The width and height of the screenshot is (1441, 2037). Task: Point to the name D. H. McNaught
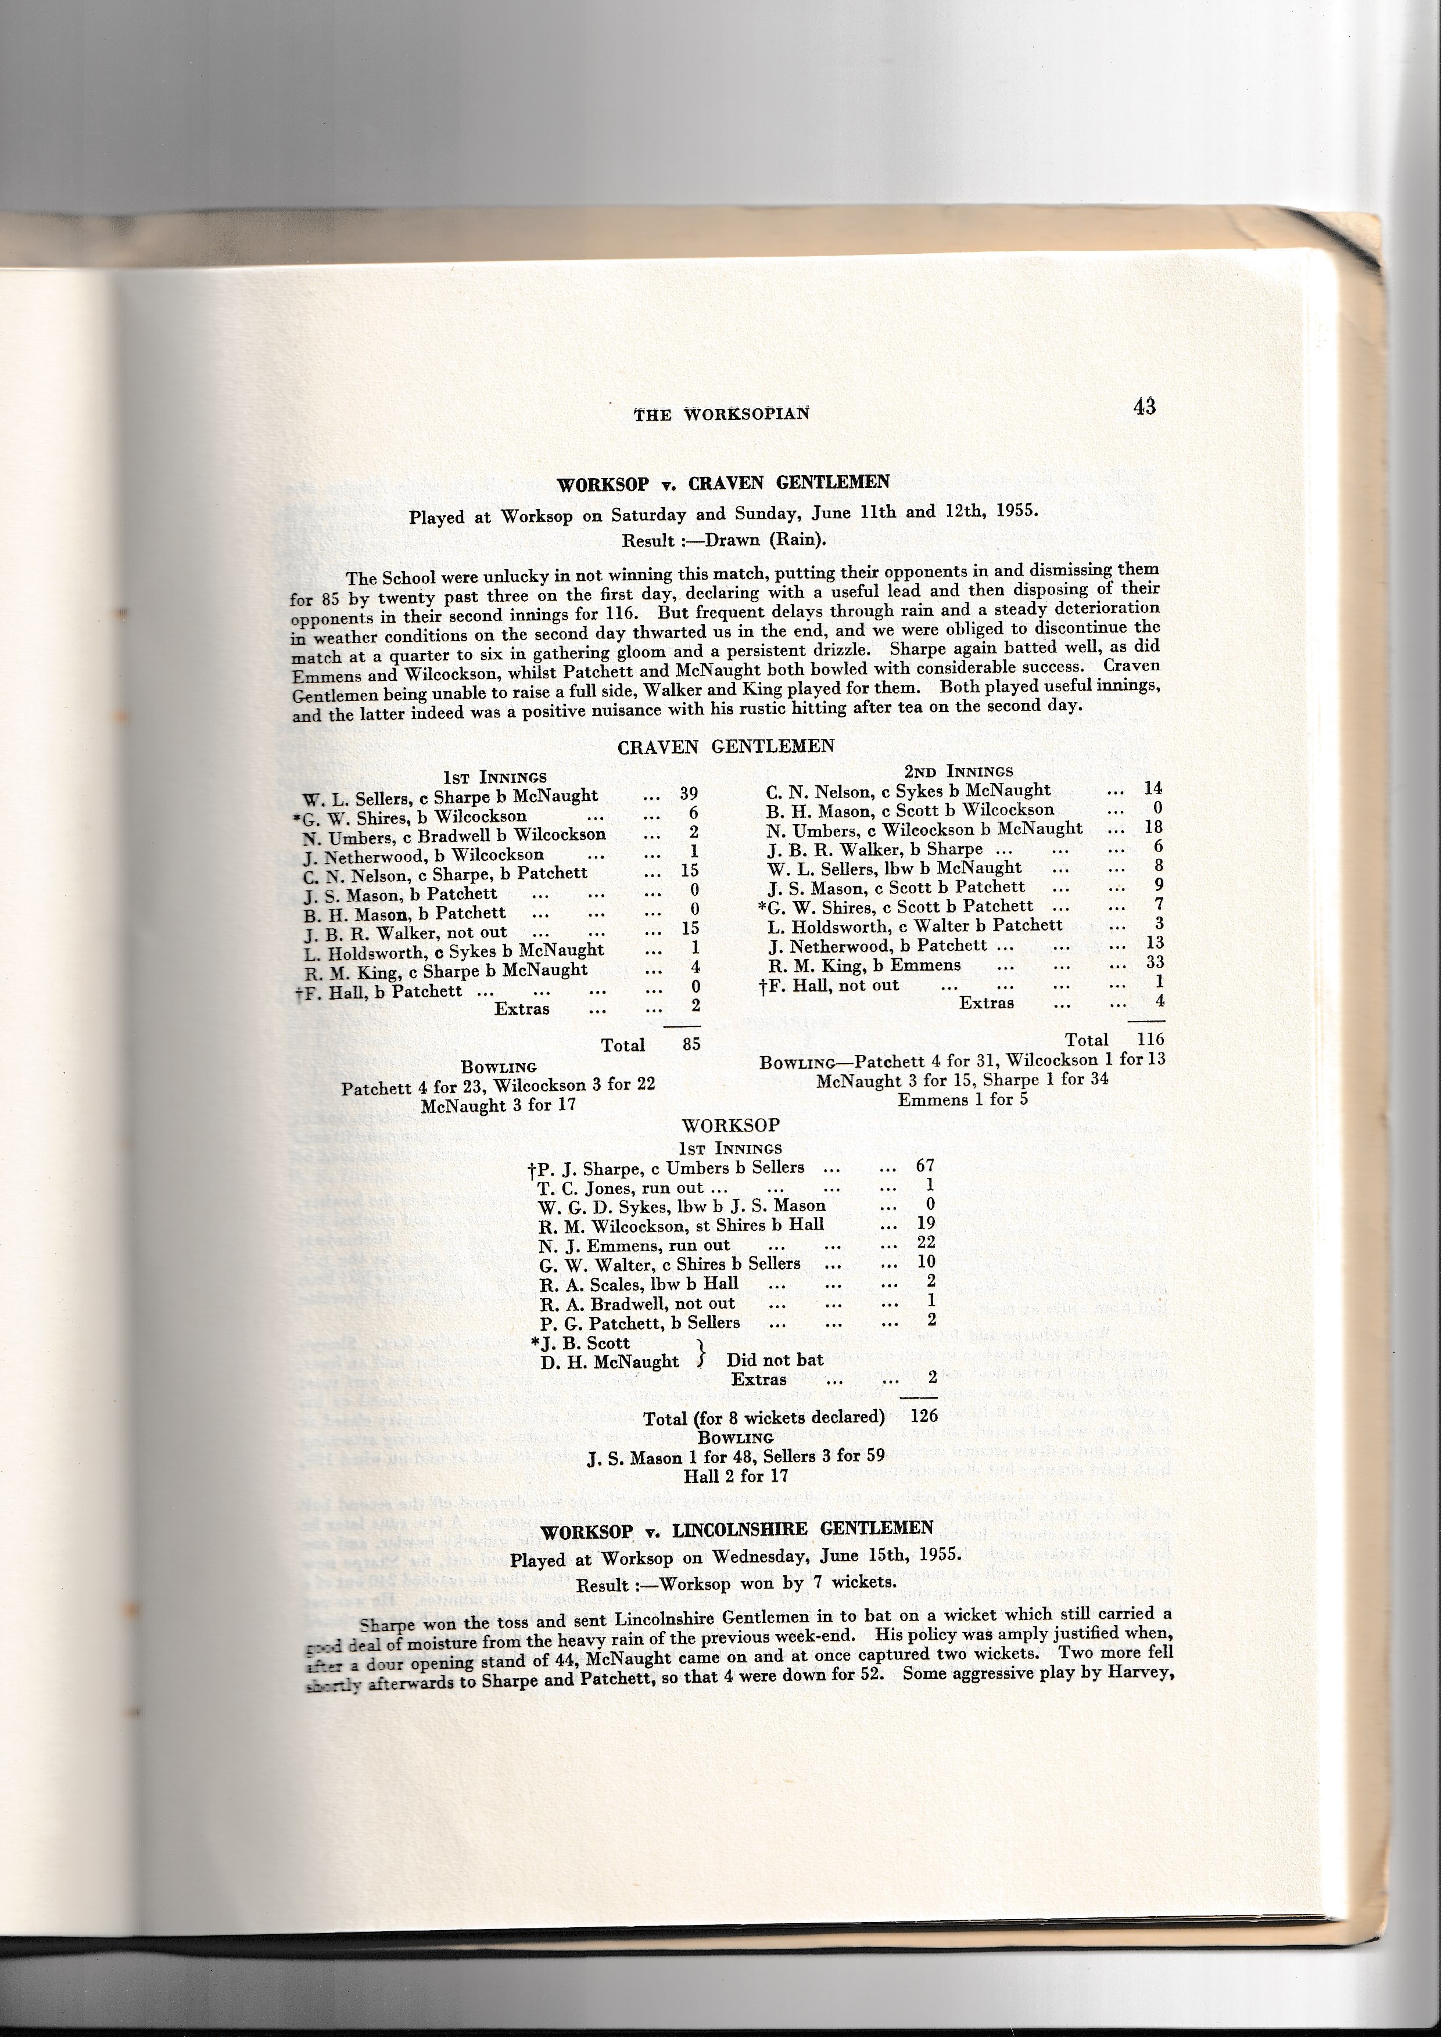[610, 1362]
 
